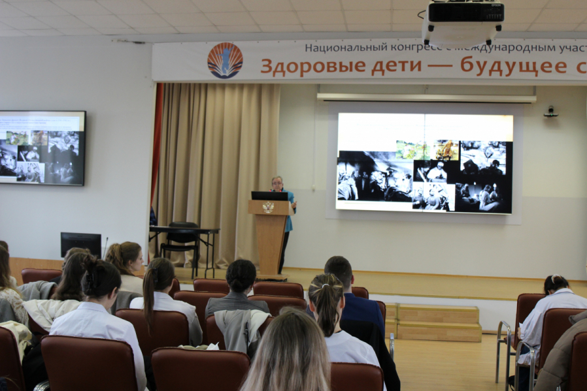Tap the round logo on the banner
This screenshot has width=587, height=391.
coord(225,61)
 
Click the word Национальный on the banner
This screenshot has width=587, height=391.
coord(343,48)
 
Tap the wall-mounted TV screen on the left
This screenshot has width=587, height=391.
coord(42,148)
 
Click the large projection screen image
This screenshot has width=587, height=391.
coord(424,163)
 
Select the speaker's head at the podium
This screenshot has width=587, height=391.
coord(277,183)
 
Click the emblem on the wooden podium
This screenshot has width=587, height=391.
coord(267,208)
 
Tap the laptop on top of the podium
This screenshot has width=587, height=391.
coord(269,196)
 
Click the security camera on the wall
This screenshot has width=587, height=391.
coord(550,112)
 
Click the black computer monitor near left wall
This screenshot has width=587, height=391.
coord(81,244)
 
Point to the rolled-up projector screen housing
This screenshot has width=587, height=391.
coord(426,97)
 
